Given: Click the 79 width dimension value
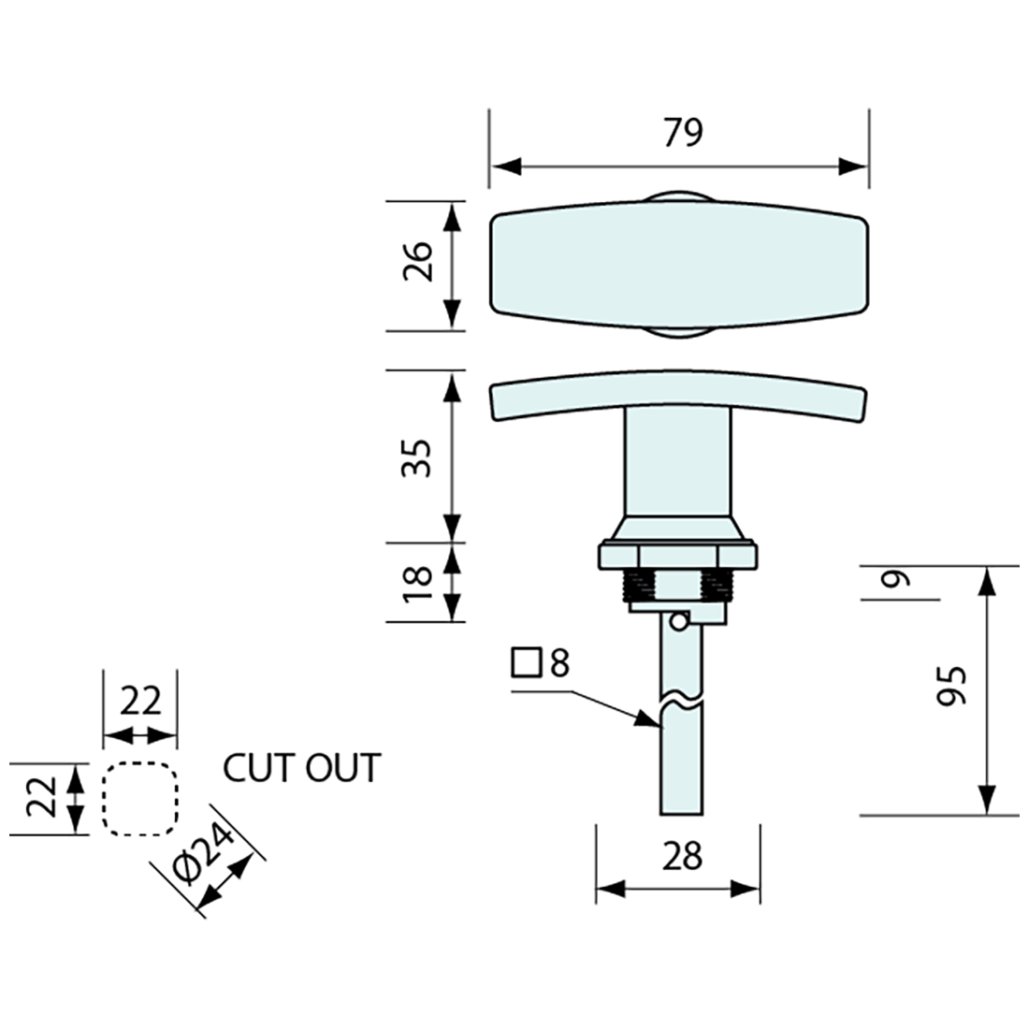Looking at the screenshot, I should pos(682,133).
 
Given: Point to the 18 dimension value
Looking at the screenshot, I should pos(420,583).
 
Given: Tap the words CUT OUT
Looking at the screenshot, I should pos(301,768).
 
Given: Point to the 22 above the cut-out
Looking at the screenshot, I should pos(140,701).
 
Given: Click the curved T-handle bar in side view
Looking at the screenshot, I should pos(680,397).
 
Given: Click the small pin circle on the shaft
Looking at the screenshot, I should pos(680,620).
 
